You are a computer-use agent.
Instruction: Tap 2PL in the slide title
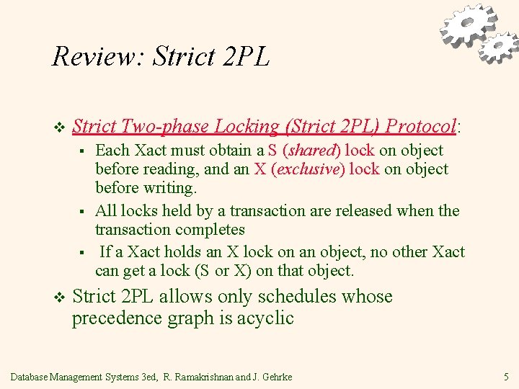pos(247,56)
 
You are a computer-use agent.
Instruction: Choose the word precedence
pos(117,318)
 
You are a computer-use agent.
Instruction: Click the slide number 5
pos(506,376)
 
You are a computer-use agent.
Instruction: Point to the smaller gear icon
pos(498,47)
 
